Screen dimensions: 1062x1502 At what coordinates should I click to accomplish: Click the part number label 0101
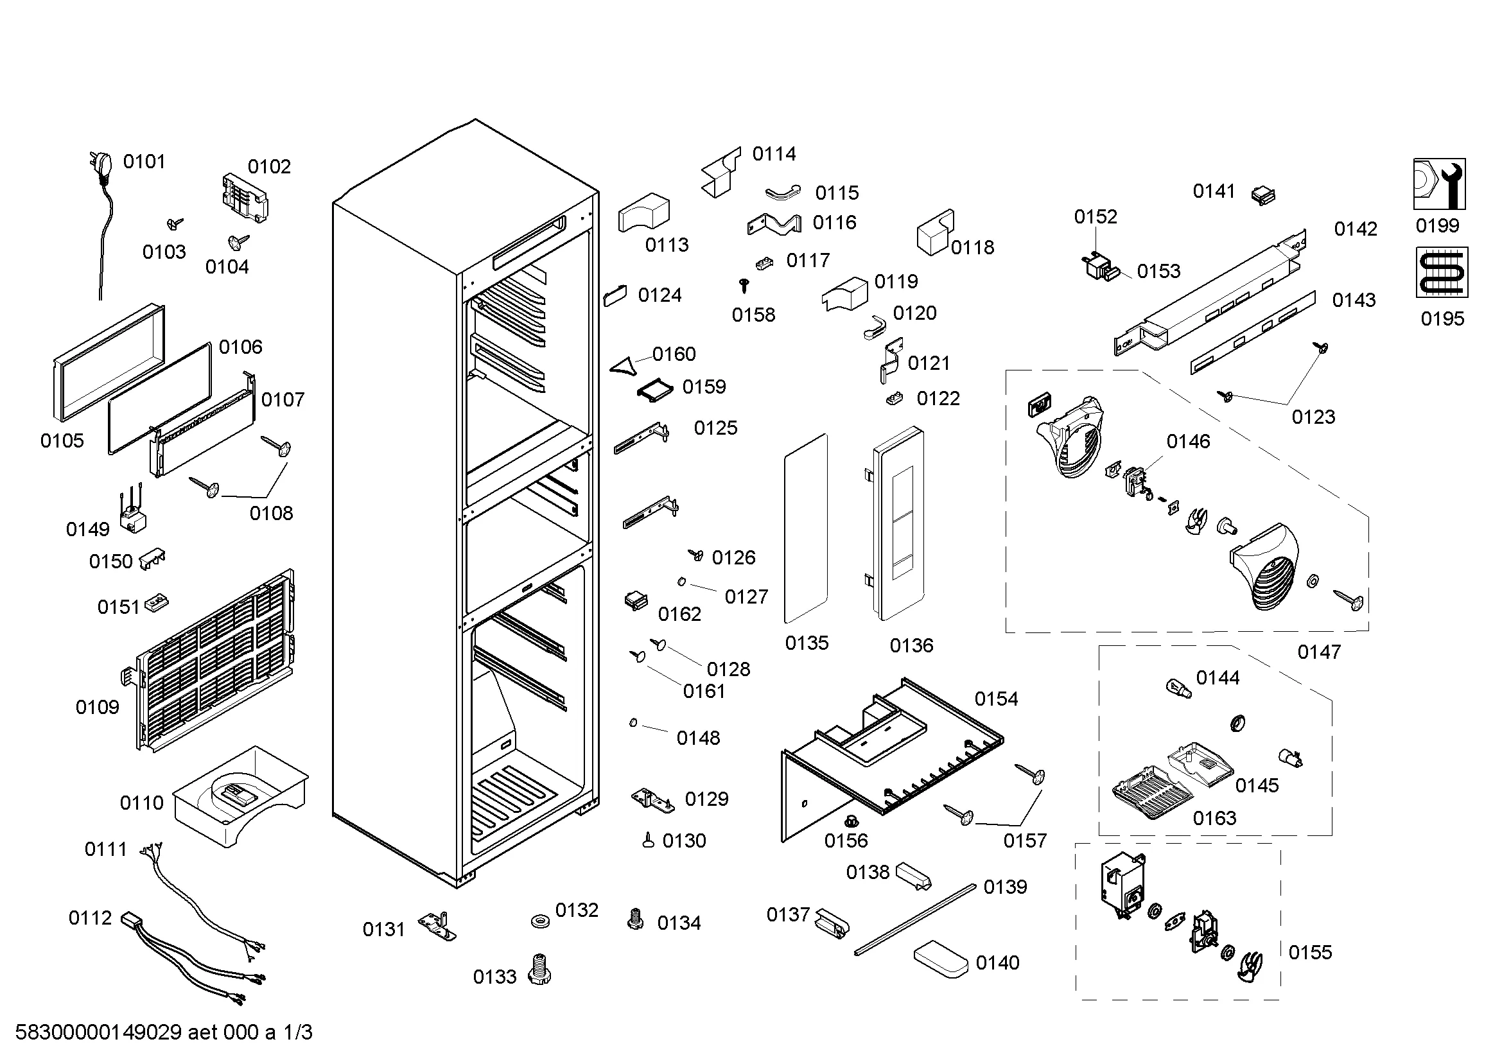coord(144,162)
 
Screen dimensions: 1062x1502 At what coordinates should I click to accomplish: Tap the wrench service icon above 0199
coord(1439,184)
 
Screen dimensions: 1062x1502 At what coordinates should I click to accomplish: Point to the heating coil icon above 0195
coord(1442,272)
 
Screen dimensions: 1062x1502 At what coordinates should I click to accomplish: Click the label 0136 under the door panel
coord(911,646)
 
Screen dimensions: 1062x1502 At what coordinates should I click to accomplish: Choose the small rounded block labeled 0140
coord(940,959)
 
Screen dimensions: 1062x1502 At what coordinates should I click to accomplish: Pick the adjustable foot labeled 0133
coord(539,968)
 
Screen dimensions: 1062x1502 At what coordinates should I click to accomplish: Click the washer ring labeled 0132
coord(540,921)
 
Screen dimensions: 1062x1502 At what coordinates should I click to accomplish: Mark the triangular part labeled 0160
coord(624,366)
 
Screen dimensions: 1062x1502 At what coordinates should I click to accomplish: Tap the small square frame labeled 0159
coord(656,390)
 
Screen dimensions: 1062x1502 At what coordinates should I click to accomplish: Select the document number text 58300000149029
coord(98,1032)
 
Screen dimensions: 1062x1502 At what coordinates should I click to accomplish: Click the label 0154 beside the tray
coord(997,699)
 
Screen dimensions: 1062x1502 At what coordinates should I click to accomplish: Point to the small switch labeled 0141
coord(1262,195)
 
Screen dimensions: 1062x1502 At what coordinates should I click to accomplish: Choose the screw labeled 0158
coord(743,285)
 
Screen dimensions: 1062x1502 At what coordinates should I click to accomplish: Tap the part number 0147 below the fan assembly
coord(1319,652)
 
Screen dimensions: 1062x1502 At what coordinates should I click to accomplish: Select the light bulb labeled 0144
coord(1178,688)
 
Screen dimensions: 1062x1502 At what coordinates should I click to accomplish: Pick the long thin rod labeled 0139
coord(915,919)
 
